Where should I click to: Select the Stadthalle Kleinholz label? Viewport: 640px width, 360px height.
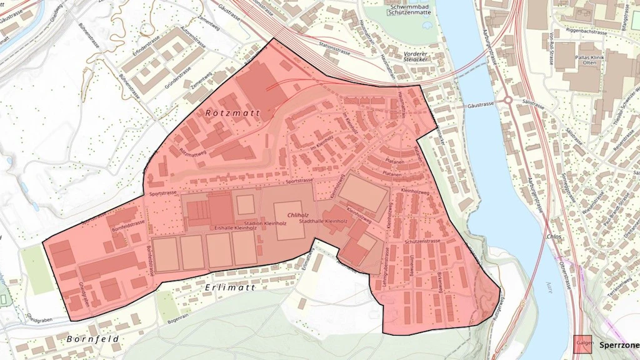click(323, 221)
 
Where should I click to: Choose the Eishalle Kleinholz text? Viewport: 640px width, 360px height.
click(236, 228)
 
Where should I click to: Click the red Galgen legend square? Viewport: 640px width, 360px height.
click(583, 344)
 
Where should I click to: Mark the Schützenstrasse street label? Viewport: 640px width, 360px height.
click(423, 241)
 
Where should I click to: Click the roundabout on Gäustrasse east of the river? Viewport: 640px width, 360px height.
click(507, 100)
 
